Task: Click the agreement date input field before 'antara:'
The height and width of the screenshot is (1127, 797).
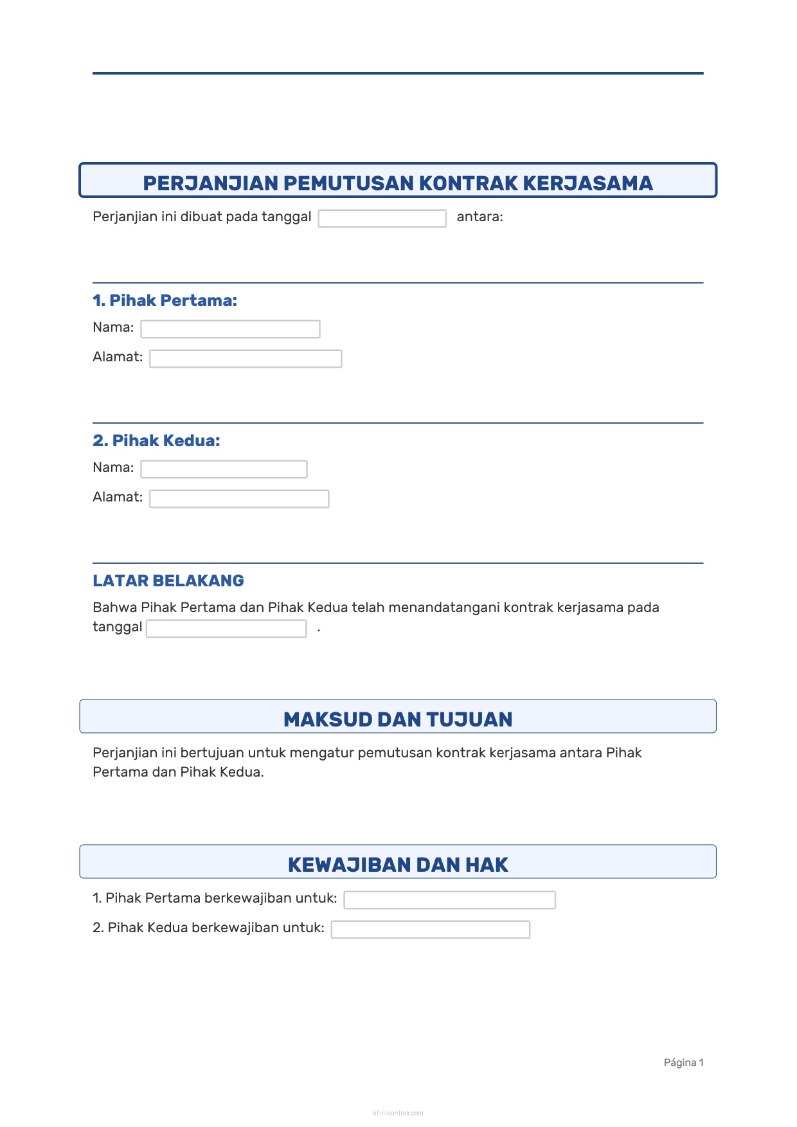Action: coord(382,219)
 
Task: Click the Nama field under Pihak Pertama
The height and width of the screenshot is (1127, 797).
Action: coord(230,329)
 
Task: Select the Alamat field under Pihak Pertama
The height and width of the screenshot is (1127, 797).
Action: coord(246,359)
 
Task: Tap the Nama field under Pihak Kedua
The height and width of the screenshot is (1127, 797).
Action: coord(224,469)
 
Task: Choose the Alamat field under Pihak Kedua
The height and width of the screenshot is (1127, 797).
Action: coord(239,499)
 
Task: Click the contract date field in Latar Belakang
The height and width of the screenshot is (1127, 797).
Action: coord(226,629)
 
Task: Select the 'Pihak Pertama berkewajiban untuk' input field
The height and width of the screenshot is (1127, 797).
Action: coord(449,900)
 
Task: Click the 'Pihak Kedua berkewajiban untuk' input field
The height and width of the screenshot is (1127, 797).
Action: coord(430,930)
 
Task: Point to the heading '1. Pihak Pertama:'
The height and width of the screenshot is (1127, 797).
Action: coord(165,300)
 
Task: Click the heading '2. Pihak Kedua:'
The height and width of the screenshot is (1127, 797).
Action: coord(156,440)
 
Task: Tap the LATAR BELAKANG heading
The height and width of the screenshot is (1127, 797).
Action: coord(168,581)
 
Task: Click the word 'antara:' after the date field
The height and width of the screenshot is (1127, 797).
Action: coord(479,217)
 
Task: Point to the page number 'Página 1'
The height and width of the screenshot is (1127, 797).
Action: coord(683,1063)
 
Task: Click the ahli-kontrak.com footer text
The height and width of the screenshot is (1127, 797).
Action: coord(398,1113)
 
